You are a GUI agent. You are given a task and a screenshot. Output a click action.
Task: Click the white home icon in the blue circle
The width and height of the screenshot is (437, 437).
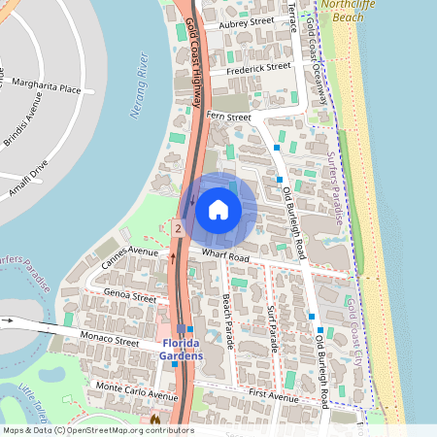click(218, 209)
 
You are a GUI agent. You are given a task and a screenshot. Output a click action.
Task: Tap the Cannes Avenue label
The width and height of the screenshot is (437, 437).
click(128, 257)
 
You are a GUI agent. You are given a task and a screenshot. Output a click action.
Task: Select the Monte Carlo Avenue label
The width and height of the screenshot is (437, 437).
click(136, 391)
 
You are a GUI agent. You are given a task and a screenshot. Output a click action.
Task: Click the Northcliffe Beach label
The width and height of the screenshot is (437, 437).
click(353, 10)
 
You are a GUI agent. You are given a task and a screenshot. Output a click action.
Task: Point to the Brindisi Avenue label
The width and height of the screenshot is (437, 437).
click(22, 124)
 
